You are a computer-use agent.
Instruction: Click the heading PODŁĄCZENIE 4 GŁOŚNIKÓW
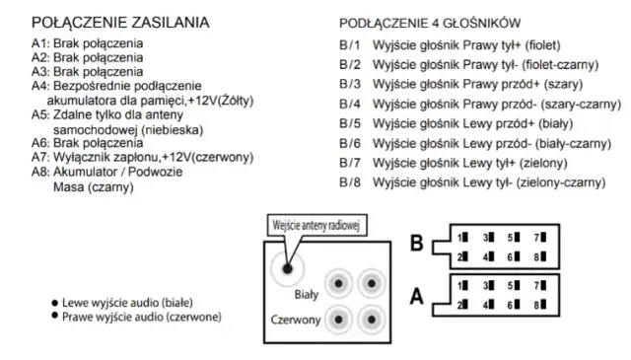click(x=431, y=23)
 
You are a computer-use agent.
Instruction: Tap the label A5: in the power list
click(x=39, y=114)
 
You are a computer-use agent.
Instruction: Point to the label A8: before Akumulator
click(x=39, y=172)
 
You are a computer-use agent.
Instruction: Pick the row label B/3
click(x=351, y=83)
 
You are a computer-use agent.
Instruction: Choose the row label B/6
click(x=351, y=143)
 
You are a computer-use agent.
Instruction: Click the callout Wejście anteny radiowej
click(x=315, y=225)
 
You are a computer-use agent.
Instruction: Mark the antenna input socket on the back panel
click(x=288, y=265)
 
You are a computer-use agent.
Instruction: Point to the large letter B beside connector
click(x=417, y=243)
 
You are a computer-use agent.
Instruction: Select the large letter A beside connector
click(x=417, y=294)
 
